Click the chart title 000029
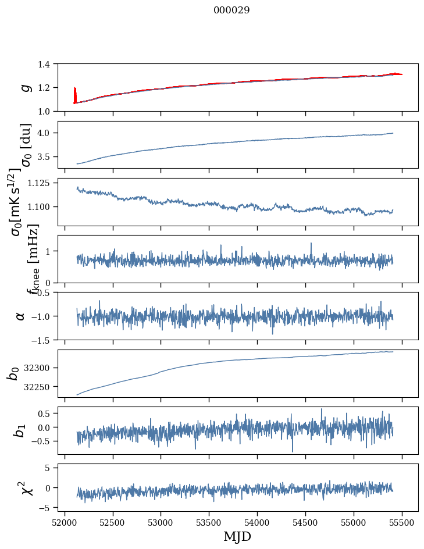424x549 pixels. pos(231,10)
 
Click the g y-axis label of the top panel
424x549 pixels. pos(25,87)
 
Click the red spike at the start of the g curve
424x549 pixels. pos(75,94)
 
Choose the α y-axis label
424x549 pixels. pos(21,316)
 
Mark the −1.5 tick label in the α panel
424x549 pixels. pos(45,340)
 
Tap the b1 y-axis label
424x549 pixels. pos(21,430)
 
